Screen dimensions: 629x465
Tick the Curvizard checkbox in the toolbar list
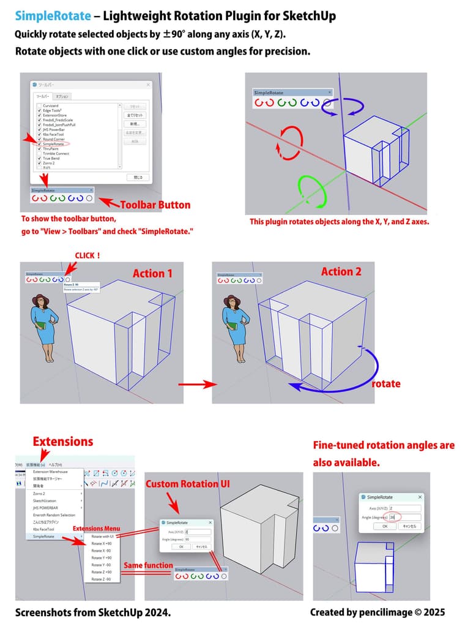pyautogui.click(x=39, y=105)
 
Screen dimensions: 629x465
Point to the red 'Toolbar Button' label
pyautogui.click(x=155, y=205)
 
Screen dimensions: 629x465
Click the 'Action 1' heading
pyautogui.click(x=153, y=273)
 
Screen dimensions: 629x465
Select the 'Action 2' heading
pyautogui.click(x=341, y=271)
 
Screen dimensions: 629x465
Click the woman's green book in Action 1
pyautogui.click(x=42, y=326)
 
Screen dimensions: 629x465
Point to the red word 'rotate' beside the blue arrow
pyautogui.click(x=386, y=383)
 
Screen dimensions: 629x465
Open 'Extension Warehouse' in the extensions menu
pyautogui.click(x=50, y=472)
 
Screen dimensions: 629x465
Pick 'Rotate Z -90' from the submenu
pyautogui.click(x=101, y=579)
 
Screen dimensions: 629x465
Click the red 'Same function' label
pyautogui.click(x=148, y=565)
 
